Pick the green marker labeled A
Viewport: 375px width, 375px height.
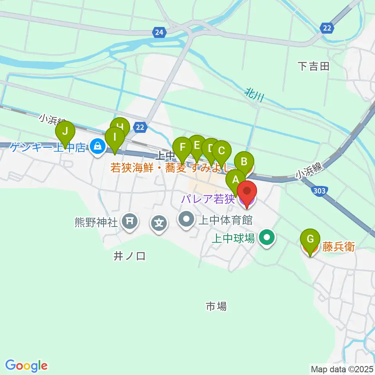point(236,180)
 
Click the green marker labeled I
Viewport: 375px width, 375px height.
point(115,138)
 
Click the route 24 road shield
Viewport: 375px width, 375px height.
point(159,33)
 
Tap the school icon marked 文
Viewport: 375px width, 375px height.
point(159,224)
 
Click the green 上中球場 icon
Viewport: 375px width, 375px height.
point(267,237)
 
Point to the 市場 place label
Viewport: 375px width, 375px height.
point(216,306)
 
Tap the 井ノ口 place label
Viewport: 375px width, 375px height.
point(129,256)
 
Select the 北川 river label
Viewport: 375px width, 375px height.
point(253,95)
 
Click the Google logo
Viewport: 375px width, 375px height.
point(26,365)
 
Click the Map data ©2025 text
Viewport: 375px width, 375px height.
point(342,369)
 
